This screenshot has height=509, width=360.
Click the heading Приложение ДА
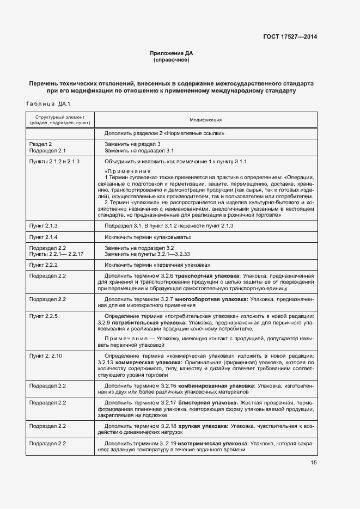coord(172,53)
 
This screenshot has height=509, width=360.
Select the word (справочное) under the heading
coord(172,60)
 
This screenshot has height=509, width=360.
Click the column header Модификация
coord(205,120)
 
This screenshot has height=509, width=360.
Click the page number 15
coord(314,463)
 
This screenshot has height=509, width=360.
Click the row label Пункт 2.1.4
coord(44,237)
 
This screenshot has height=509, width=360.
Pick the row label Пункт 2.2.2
coord(44,265)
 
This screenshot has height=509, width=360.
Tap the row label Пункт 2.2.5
coord(44,316)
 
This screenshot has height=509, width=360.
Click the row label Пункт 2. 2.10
coord(46,355)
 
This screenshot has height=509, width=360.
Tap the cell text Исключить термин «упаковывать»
coord(148,237)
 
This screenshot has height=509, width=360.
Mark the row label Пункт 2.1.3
coord(44,225)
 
